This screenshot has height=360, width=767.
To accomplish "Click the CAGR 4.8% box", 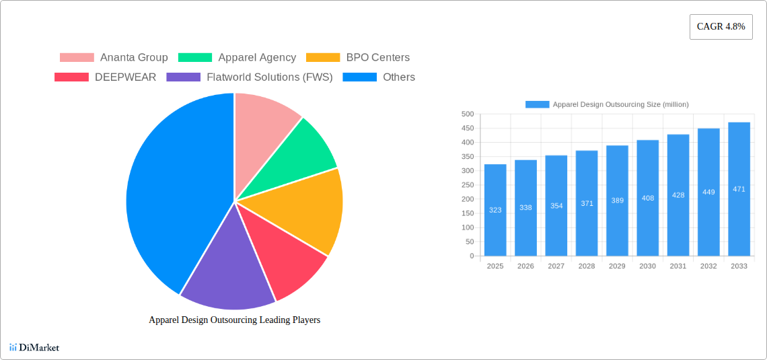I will [721, 27].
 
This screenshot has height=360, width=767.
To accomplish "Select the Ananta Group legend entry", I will [114, 58].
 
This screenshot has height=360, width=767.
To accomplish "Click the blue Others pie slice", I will [168, 188].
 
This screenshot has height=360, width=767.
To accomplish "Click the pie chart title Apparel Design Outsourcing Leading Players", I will [234, 320].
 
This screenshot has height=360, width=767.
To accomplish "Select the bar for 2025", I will [495, 210].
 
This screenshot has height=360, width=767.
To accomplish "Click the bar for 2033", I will [739, 189].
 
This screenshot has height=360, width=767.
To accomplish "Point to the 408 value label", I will [648, 199].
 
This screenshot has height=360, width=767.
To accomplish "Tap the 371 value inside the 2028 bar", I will [587, 203].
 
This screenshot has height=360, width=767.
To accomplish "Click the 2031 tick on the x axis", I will [678, 266].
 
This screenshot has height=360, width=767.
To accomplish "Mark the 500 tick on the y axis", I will [467, 114].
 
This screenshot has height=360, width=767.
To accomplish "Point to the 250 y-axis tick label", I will [467, 185].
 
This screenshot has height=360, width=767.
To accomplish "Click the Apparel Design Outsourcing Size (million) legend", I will [607, 104].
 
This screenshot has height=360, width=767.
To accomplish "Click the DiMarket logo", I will [34, 348].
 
